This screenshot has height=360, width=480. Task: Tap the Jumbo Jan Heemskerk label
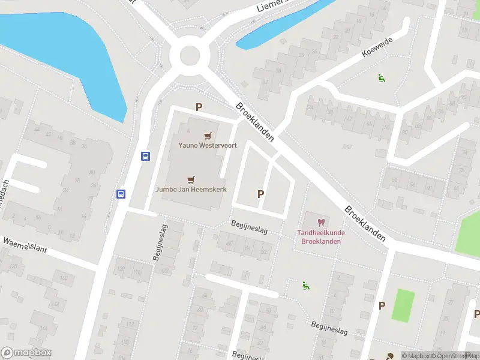coord(191,188)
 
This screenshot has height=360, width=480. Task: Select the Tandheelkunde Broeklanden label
coord(320,237)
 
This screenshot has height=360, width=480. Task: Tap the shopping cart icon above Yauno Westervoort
coord(208,136)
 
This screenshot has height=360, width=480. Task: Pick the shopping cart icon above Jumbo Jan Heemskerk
coord(191,179)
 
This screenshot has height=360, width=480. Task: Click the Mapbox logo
coord(26,353)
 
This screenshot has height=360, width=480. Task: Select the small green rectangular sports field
coord(404,304)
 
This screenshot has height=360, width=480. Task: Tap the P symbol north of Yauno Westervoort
coord(199,107)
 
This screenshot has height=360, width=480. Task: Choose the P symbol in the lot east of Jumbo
coord(260,194)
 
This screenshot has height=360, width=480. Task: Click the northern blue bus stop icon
coord(145,156)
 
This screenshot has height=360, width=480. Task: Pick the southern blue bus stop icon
coord(121,194)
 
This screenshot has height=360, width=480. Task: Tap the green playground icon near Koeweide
coord(380,77)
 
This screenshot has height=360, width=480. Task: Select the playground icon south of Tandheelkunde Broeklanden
coord(305,286)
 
